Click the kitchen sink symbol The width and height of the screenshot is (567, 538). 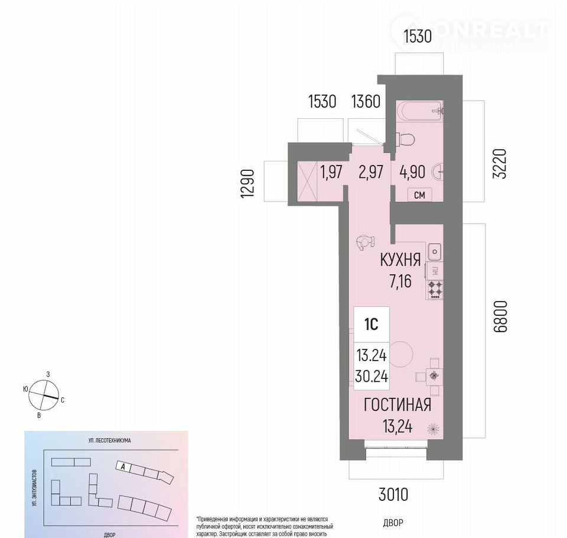[x=435, y=252]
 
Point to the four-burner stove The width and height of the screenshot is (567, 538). [x=435, y=289]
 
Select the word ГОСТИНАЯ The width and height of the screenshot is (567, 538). [x=397, y=405]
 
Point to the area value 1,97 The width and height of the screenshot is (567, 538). [x=331, y=172]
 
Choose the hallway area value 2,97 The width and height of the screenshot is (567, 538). [x=370, y=172]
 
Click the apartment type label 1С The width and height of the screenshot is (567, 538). [x=371, y=325]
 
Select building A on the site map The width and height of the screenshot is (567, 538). [x=122, y=465]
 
